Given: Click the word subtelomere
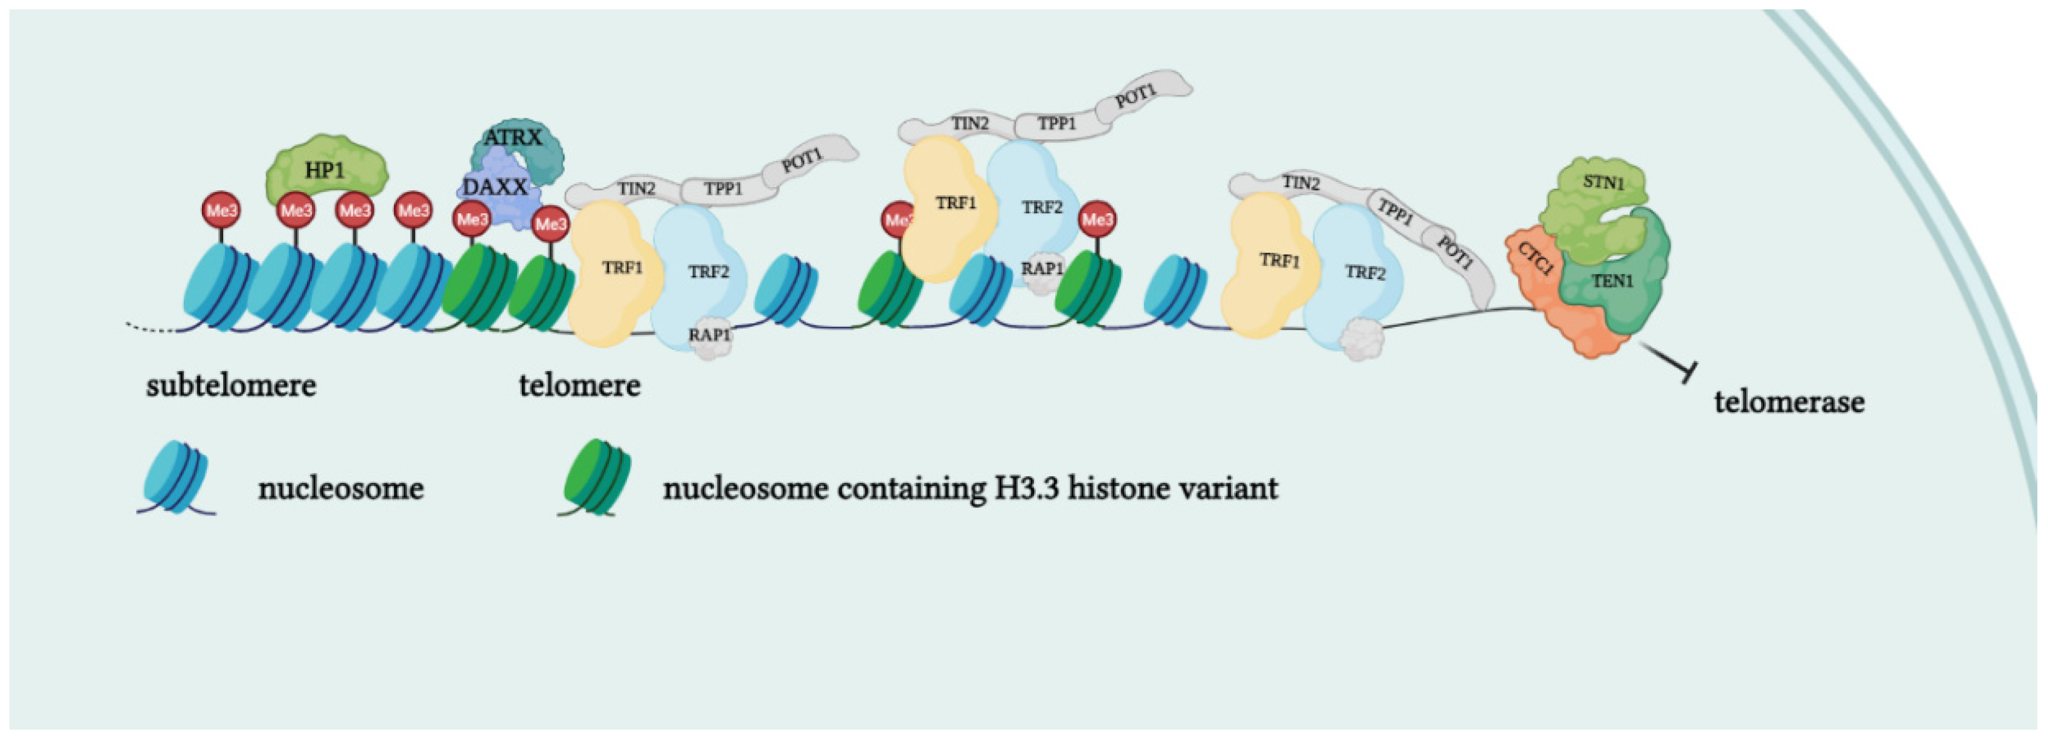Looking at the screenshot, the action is point(231,387).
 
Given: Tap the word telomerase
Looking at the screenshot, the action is point(1789,402).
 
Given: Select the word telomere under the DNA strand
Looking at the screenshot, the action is point(580,386).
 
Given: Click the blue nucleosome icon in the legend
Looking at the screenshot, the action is point(175,476).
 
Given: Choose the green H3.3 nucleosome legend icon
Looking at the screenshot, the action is point(596,476).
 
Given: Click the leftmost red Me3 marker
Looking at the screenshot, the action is point(222,211).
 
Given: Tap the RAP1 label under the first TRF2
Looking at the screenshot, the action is point(709,335).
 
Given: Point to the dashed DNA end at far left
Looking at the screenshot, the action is point(151,326).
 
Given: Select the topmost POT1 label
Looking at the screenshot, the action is point(1135,97).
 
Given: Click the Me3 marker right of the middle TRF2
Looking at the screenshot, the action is point(1098,220).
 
